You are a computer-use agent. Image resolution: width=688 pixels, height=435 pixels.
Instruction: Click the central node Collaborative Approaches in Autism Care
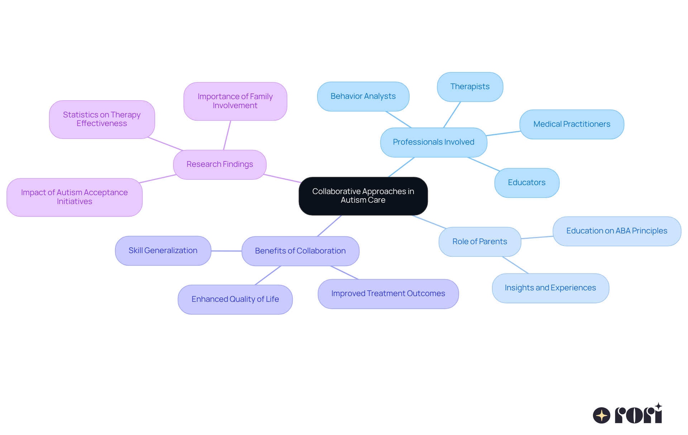[363, 196]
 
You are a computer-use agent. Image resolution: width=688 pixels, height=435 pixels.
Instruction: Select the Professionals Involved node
[434, 142]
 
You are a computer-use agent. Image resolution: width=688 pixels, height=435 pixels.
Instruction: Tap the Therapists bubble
[470, 87]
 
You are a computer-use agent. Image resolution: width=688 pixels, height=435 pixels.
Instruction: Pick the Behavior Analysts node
[363, 96]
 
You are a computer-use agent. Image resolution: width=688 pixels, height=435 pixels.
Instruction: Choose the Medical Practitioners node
[572, 124]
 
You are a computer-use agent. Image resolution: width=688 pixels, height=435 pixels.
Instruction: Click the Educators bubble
[527, 183]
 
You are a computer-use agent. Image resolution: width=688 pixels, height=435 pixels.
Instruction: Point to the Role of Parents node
[479, 242]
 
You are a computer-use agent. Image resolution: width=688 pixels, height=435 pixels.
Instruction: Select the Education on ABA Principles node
[617, 231]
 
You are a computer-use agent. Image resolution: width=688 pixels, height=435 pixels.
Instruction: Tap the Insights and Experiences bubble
[550, 288]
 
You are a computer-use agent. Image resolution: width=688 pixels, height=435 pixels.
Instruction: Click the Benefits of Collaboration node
[300, 251]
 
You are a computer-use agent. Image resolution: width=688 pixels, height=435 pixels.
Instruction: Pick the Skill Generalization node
[163, 251]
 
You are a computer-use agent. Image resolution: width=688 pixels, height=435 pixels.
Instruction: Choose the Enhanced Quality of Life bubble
[235, 299]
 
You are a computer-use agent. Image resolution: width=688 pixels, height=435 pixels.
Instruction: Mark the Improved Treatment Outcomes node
[388, 294]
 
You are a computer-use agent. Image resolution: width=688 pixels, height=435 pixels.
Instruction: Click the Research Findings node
[220, 164]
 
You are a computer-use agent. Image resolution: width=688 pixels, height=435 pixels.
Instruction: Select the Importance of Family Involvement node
[235, 101]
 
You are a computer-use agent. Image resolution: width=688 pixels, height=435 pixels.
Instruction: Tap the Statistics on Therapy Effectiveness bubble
[102, 119]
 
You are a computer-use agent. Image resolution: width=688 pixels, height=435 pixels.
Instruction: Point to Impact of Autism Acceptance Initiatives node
[75, 197]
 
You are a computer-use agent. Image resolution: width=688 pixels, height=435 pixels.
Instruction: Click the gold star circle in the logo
[601, 415]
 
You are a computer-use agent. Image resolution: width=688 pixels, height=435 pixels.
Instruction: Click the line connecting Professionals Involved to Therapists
[452, 115]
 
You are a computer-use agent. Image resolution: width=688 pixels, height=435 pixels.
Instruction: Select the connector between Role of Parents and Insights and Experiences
[515, 265]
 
